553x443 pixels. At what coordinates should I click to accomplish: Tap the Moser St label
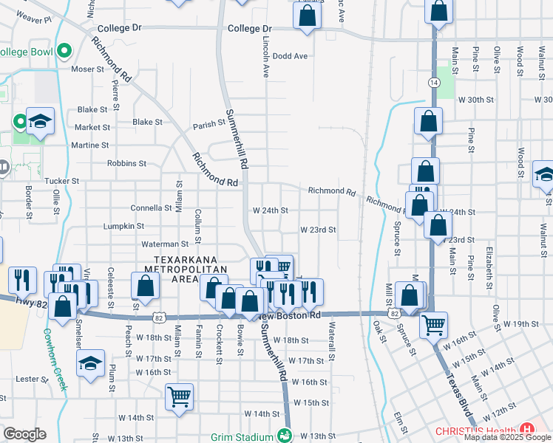(x=88, y=69)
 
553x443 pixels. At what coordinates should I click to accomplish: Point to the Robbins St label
(x=126, y=163)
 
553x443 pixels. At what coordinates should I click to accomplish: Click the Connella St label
(x=151, y=208)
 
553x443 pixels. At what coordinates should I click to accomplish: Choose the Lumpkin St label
(x=123, y=226)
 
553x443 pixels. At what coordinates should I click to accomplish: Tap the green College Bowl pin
(x=64, y=52)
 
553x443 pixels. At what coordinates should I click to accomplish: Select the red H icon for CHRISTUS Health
(x=527, y=428)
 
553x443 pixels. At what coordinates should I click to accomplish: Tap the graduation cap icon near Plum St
(x=91, y=364)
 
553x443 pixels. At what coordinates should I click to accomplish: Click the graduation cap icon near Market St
(x=40, y=120)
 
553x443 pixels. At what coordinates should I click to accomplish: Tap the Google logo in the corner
(x=24, y=434)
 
